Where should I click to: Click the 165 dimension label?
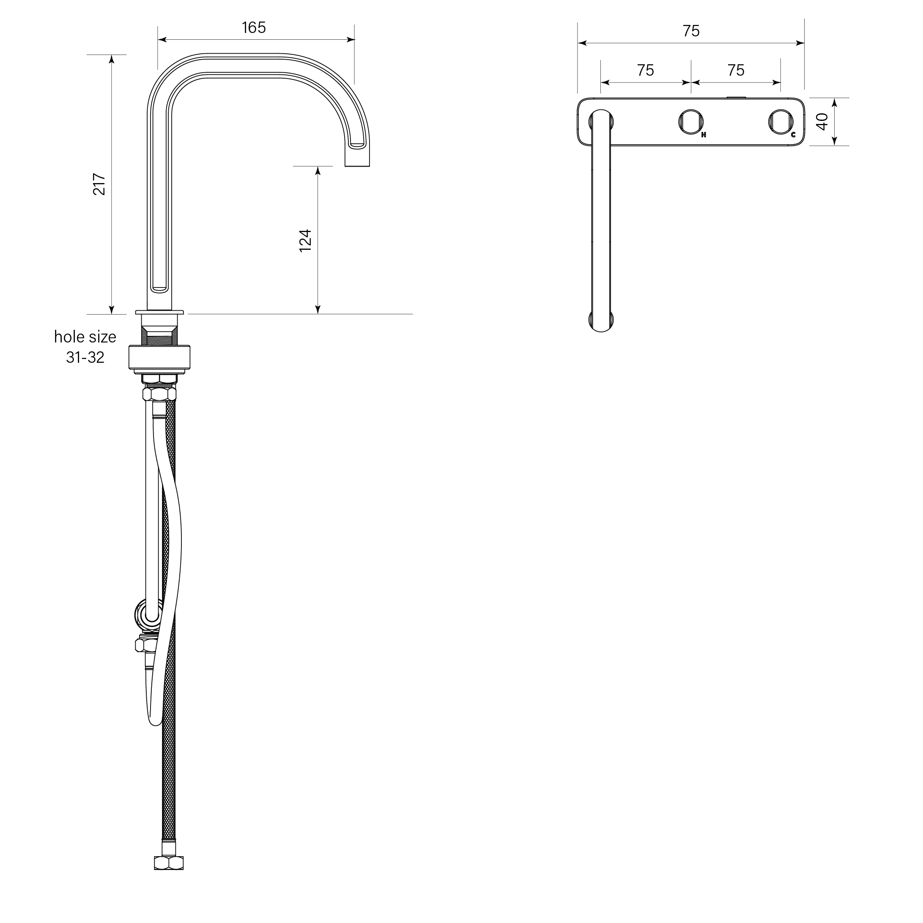[254, 28]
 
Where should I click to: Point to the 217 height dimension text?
[99, 184]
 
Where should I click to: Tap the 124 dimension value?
[305, 240]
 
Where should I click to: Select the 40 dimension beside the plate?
[822, 122]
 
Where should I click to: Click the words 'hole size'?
[85, 337]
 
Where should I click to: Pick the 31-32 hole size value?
[85, 357]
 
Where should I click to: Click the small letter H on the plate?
[704, 135]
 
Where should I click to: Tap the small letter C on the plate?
[794, 135]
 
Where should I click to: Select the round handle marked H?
[691, 122]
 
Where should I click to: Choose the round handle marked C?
[781, 122]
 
